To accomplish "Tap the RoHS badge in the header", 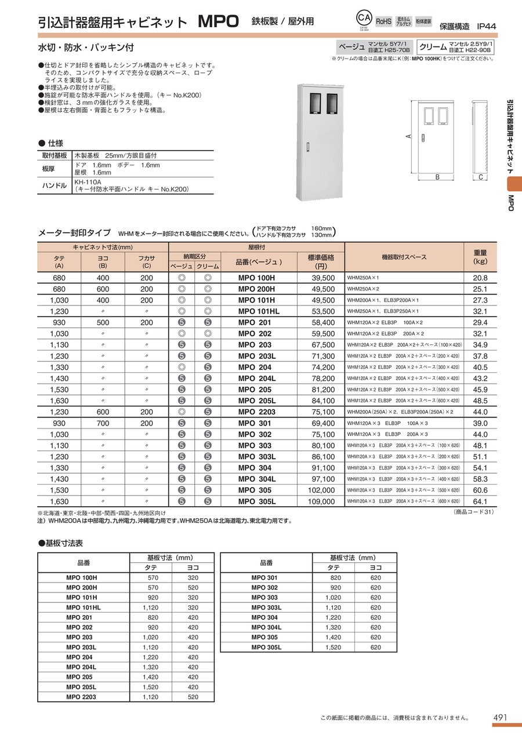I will [384, 21].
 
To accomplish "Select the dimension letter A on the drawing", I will [409, 136].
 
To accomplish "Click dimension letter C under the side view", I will [481, 177].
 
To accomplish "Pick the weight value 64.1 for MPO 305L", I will [480, 501].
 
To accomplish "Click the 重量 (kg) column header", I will [480, 257].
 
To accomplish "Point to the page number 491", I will [501, 718].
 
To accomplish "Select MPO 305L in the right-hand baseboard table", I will [266, 647].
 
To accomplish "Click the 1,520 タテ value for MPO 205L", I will [150, 686].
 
